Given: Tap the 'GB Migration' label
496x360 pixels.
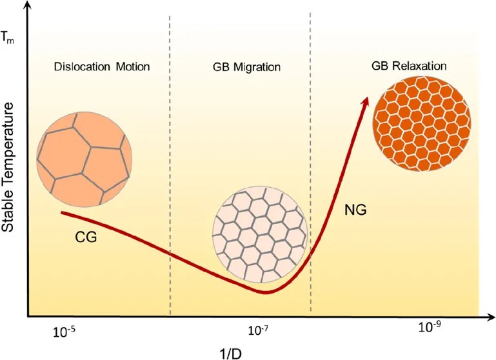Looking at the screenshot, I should click(x=240, y=66).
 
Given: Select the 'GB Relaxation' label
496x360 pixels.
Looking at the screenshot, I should click(x=410, y=66).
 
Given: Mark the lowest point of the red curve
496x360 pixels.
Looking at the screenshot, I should click(x=264, y=292).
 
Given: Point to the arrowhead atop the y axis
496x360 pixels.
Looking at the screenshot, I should click(x=27, y=6).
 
